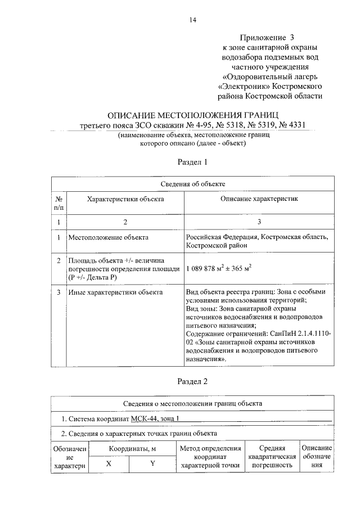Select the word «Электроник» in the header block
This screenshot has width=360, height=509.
tap(244, 87)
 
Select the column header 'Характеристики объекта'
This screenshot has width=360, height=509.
tap(125, 199)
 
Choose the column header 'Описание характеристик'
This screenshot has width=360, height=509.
tap(259, 199)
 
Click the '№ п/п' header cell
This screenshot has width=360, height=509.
tap(58, 203)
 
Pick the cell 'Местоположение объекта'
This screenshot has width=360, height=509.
tap(109, 237)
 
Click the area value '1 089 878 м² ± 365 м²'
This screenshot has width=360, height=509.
tap(218, 268)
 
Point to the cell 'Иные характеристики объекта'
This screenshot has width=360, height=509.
tap(115, 292)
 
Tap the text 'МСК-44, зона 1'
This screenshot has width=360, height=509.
tap(155, 418)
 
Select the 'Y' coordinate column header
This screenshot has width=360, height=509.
tap(152, 464)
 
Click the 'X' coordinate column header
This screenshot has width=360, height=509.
tap(109, 464)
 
